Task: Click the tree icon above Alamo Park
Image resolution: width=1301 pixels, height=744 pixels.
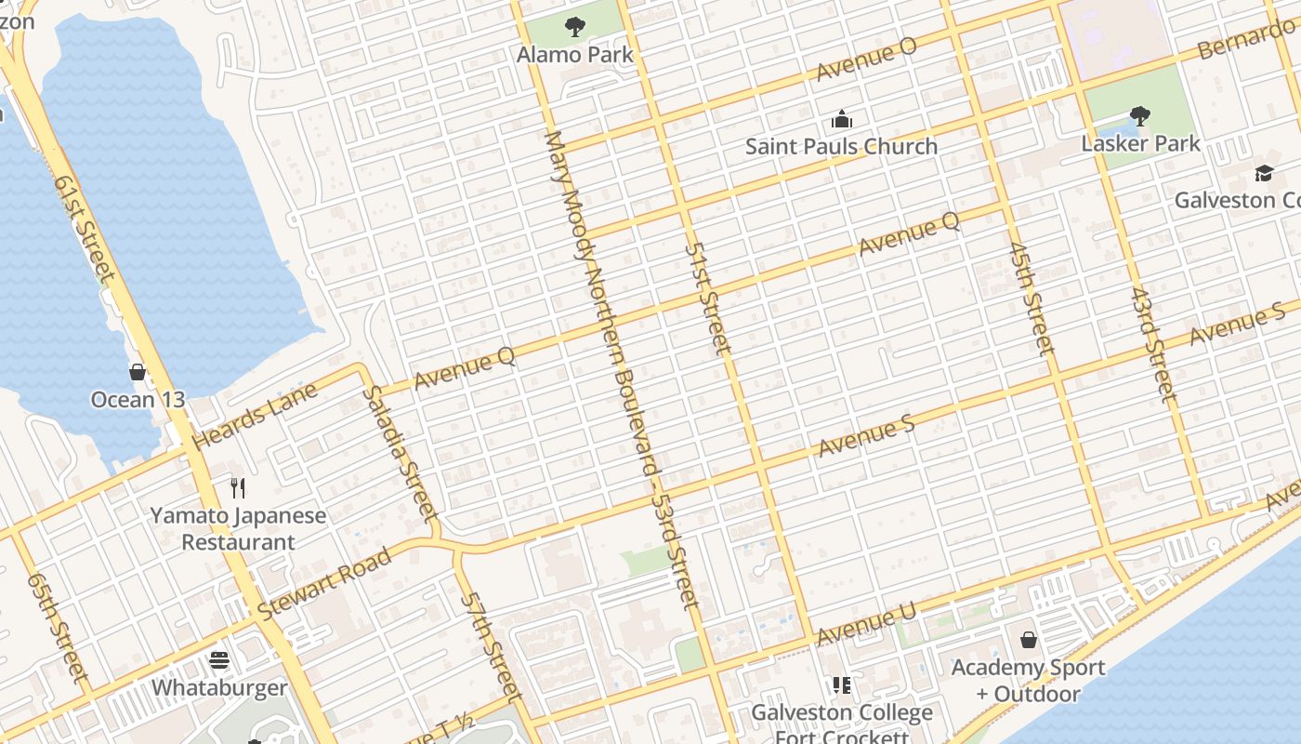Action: (575, 27)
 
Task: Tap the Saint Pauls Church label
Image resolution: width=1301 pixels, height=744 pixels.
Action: (841, 146)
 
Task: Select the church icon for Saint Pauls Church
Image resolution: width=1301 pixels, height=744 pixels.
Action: (842, 119)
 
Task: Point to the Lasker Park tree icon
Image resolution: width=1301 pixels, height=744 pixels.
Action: (1140, 116)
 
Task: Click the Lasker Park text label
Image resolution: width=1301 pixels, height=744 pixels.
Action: (1140, 143)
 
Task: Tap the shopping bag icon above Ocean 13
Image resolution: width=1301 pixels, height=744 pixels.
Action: (138, 372)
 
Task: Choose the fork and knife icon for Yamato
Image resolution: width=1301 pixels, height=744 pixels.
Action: (239, 487)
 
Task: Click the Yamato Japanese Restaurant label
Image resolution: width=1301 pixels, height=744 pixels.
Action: (239, 528)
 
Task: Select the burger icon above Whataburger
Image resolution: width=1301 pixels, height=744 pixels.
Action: (219, 660)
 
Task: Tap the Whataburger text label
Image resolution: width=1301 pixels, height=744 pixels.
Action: (219, 687)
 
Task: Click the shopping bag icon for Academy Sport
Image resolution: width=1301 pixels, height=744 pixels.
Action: (1029, 640)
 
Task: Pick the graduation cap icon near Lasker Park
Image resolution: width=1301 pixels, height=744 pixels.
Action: (1264, 173)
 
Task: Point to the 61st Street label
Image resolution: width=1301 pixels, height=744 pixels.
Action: (83, 227)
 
